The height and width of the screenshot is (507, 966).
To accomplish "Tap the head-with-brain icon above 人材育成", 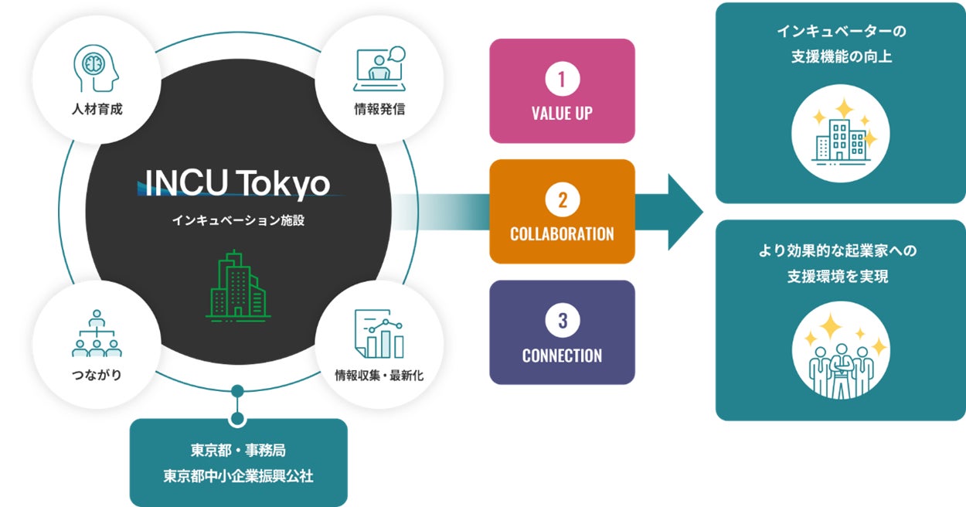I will [97, 68].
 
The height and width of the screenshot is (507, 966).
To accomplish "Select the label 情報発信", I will [379, 109].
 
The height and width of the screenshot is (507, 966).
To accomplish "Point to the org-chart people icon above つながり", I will [97, 334].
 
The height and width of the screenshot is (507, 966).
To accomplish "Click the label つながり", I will [97, 376].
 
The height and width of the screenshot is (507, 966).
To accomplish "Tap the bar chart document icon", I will [379, 334].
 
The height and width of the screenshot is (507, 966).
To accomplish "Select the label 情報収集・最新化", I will [379, 376].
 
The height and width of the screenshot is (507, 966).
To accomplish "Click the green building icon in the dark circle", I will [237, 285].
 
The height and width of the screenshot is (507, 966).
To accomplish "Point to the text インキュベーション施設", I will [237, 220].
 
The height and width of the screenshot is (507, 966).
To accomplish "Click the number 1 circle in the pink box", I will [562, 79].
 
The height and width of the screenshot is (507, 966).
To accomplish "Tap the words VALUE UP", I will [562, 113].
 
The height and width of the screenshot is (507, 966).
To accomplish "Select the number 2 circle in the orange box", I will [562, 200].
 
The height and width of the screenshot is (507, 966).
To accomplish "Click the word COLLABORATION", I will [562, 233].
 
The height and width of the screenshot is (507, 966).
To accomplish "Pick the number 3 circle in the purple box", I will [562, 321].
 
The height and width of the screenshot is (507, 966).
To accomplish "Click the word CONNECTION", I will [562, 356].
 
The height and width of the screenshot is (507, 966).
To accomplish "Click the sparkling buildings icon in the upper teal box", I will [841, 134].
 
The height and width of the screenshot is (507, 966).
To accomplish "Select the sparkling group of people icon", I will [841, 358].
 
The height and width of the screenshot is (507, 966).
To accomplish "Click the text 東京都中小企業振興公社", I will [238, 475].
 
